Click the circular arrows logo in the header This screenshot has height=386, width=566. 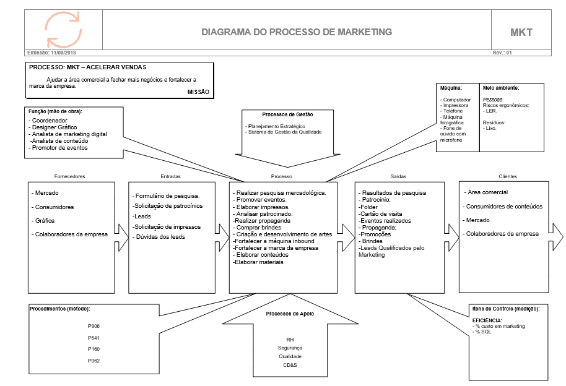coord(63,28)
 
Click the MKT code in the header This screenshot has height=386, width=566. coord(521,32)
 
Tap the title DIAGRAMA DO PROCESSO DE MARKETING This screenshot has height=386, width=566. coord(297,32)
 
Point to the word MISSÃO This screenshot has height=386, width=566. coord(198,92)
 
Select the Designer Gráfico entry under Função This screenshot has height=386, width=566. coord(54,127)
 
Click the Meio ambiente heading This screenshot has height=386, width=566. coord(501,88)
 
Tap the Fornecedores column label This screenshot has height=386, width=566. coord(69,176)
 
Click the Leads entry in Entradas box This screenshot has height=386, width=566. coord(142,217)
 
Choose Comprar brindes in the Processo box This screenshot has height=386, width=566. coord(257,228)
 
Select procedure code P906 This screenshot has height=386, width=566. coord(94,326)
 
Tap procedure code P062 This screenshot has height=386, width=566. coord(94,360)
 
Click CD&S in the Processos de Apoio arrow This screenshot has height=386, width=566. coord(290,365)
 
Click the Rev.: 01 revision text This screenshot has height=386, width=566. coord(502,53)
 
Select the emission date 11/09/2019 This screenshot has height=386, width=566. coord(68,53)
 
